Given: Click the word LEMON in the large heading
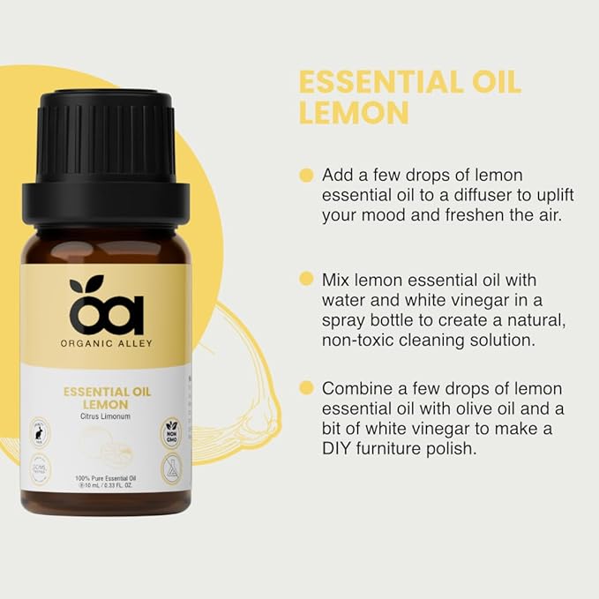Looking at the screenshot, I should point(354,113).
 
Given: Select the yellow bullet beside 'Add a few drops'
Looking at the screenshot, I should point(306,175).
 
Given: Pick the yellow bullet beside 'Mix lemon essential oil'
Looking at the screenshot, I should point(306,279).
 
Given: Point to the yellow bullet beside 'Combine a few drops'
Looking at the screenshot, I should point(306,388).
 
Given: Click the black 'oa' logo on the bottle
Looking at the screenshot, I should point(105,304).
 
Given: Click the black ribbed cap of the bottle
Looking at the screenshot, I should point(105,141).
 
